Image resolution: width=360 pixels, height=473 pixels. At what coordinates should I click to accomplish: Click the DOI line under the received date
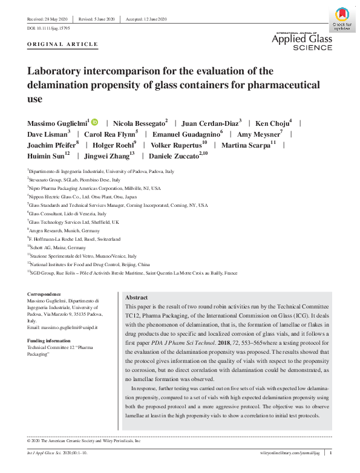click(48, 28)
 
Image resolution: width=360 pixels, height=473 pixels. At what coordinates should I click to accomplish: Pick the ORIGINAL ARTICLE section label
click(62, 45)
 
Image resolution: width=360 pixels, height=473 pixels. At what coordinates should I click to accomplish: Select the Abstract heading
click(136, 298)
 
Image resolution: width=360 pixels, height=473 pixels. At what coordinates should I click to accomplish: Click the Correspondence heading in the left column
click(45, 295)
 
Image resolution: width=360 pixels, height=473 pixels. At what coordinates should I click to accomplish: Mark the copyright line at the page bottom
click(84, 441)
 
